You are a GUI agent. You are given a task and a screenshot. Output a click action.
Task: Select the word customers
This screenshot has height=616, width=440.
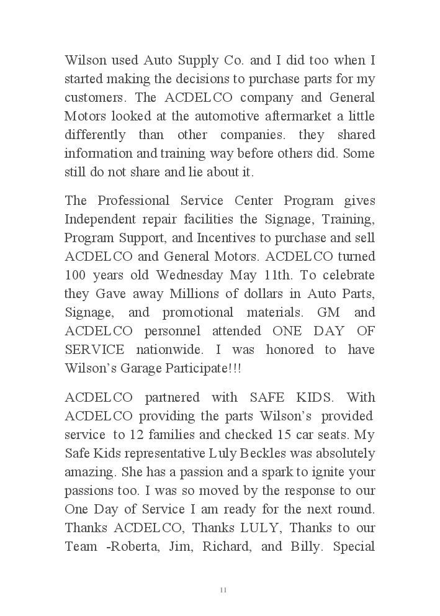(x=94, y=98)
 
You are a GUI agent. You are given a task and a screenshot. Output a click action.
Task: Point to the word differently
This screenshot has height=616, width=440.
(x=96, y=135)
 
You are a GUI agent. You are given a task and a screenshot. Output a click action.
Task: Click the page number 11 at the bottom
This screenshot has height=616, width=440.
(x=223, y=590)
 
